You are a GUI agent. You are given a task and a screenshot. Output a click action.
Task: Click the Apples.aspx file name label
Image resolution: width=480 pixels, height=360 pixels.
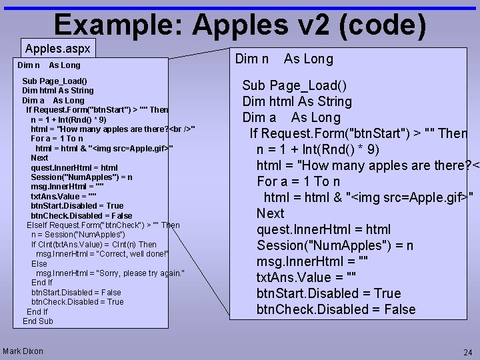point(57,49)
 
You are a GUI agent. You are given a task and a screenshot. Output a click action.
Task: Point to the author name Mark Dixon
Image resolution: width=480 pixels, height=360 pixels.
point(23,351)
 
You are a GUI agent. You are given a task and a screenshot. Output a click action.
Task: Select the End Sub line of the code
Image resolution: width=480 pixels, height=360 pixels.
point(38,321)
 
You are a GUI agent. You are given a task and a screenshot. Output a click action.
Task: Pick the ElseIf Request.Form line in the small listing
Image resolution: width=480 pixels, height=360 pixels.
point(103,225)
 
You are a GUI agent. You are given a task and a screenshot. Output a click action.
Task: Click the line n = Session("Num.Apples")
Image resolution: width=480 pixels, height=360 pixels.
point(77,235)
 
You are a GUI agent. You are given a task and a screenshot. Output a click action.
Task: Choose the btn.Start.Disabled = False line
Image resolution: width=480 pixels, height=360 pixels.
point(76,292)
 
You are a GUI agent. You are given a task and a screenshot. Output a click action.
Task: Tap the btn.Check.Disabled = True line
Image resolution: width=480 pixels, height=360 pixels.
point(77,302)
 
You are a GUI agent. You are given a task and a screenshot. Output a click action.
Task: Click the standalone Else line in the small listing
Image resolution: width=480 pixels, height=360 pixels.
point(39,264)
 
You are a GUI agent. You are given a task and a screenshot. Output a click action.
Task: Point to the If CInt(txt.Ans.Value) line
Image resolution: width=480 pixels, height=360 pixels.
point(93,245)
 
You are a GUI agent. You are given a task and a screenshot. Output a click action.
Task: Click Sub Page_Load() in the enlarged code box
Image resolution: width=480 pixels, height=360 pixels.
point(294,85)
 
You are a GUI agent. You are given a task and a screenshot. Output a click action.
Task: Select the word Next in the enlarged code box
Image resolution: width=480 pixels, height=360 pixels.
point(271,213)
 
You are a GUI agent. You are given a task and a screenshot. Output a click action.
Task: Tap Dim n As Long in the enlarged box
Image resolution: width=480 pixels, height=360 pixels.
point(284,59)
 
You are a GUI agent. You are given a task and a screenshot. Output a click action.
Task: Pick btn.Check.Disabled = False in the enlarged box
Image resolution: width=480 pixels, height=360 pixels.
point(336,309)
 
